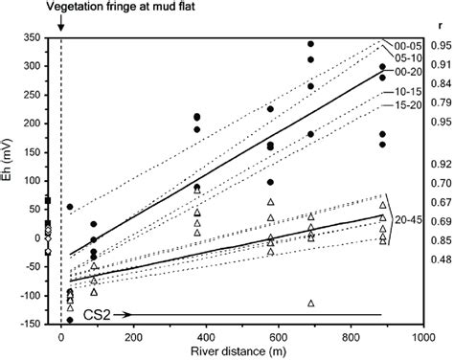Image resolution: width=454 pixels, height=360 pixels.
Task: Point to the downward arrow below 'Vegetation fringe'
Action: pyautogui.click(x=61, y=27)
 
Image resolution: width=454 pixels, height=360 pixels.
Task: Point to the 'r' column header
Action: pyautogui.click(x=438, y=27)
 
